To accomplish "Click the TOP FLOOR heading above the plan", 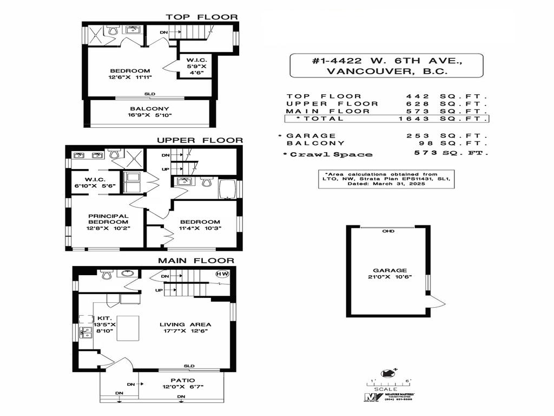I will coord(201,17).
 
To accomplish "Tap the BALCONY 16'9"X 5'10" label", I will coord(150,112).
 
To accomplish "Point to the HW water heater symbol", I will coord(222,274).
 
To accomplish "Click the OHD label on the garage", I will coord(388,231).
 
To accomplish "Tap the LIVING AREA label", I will coord(185,328).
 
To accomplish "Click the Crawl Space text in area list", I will coord(329,154).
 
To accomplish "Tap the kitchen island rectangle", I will coord(128,328).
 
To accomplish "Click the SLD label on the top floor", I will coord(149,94).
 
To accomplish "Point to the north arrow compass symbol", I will coord(387,373).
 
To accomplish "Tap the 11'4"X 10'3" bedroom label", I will coord(200,225).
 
